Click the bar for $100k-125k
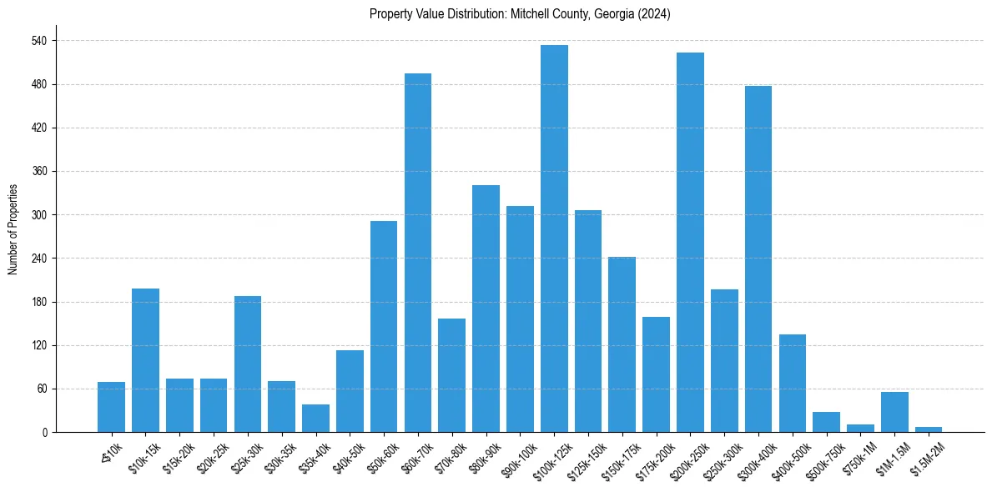click(554, 238)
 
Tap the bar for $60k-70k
click(418, 253)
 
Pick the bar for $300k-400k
click(758, 259)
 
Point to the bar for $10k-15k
click(145, 360)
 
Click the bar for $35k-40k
click(315, 418)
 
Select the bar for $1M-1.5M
click(894, 412)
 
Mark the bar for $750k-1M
click(860, 428)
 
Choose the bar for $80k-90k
click(486, 309)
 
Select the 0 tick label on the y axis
click(46, 432)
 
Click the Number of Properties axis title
click(13, 228)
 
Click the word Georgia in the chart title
click(613, 14)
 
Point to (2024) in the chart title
click(652, 14)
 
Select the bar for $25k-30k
click(248, 364)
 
